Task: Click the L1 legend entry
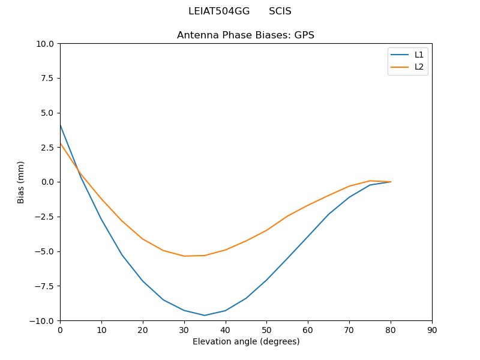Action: click(419, 55)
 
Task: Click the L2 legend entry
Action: click(419, 67)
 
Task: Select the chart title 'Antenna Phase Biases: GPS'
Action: click(245, 35)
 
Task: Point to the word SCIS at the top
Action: click(280, 11)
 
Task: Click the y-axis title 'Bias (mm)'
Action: click(21, 182)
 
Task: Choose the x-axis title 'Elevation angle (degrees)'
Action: click(246, 341)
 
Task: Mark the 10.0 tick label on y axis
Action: click(44, 44)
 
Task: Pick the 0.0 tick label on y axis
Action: click(47, 182)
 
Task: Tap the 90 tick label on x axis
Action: click(432, 329)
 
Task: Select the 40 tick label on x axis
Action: click(225, 329)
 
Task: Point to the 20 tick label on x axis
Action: click(143, 329)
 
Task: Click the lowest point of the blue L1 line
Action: click(205, 316)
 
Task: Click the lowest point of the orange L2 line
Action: click(184, 256)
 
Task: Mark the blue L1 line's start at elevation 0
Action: click(60, 125)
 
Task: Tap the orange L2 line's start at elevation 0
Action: click(60, 143)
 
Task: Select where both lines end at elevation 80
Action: click(391, 182)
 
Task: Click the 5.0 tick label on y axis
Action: click(47, 113)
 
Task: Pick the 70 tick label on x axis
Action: click(349, 329)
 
